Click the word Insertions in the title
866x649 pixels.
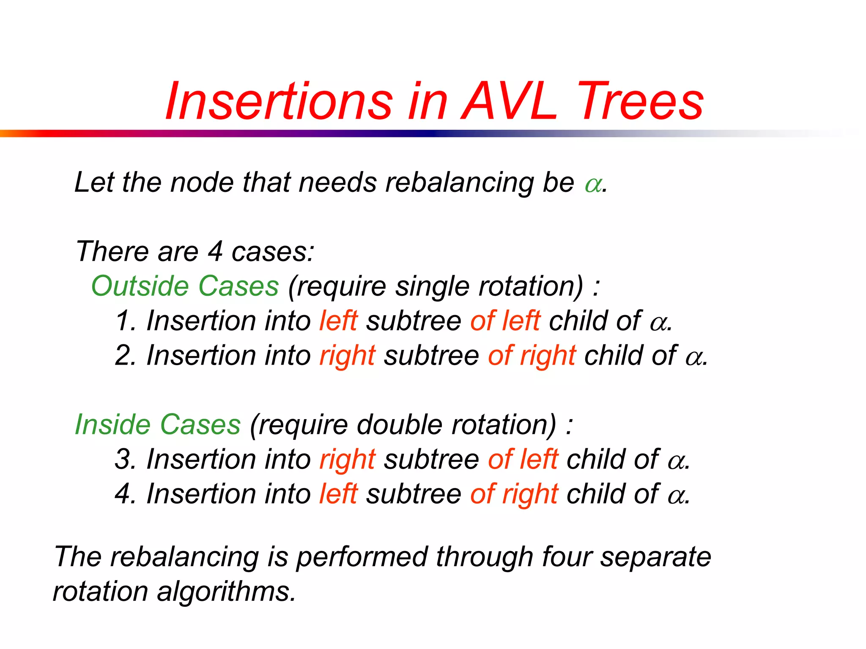pos(279,102)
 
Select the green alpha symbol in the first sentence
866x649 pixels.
pos(593,185)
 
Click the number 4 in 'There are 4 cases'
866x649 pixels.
pos(215,251)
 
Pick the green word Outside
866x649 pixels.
pos(139,286)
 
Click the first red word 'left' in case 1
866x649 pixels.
pos(338,321)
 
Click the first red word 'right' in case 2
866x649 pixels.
pos(347,356)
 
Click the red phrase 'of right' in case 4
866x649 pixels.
pos(514,495)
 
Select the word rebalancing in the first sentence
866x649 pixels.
pos(459,183)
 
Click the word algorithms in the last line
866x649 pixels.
pos(226,592)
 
